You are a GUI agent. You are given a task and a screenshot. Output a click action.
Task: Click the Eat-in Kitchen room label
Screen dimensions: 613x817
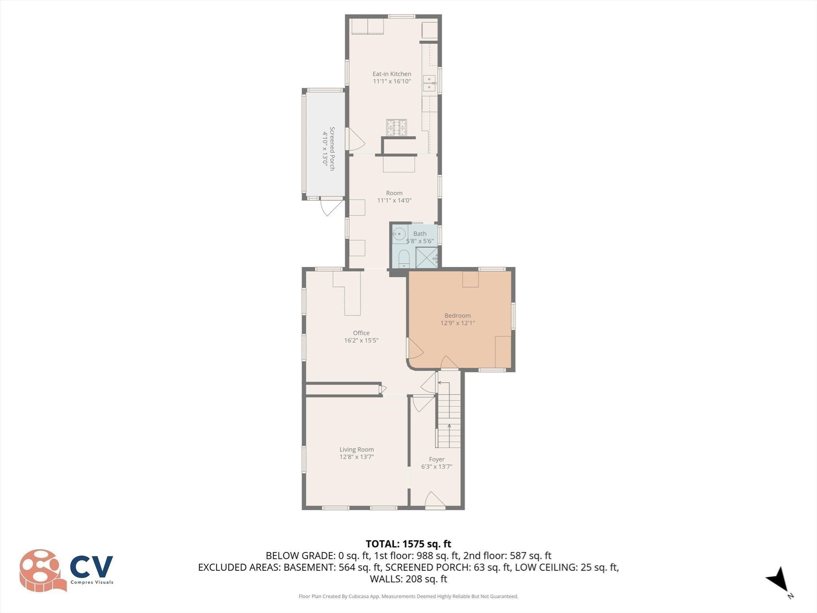coord(391,74)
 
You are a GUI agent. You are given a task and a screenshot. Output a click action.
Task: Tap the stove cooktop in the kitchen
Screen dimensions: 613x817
coord(396,128)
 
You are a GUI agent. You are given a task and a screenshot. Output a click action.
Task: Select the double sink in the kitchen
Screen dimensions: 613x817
coord(429,83)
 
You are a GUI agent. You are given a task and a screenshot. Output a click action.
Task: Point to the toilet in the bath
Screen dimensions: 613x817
coord(404,259)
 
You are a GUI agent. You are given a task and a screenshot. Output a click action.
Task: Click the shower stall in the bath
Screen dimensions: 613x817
coord(426,257)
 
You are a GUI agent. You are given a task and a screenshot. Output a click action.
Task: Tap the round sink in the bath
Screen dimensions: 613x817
coord(399,234)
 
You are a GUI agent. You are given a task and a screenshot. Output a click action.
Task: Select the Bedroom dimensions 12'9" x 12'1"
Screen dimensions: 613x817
coord(458,323)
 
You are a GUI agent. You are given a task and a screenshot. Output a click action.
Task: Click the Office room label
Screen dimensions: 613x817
coord(361,333)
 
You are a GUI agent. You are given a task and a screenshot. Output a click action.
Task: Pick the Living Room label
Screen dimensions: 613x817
coord(357,449)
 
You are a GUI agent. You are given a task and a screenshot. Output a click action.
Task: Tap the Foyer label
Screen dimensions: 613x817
coord(436,459)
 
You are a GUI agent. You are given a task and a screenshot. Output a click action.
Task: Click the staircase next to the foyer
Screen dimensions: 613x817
coord(449,415)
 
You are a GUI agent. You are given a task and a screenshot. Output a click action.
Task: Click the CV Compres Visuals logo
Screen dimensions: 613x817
coord(66,570)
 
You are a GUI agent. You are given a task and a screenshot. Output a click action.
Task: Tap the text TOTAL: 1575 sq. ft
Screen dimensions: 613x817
coord(408,544)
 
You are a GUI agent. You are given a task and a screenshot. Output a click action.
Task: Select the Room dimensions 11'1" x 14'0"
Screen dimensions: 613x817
coord(394,200)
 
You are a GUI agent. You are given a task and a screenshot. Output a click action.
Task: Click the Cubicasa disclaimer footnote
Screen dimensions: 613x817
coord(408,596)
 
